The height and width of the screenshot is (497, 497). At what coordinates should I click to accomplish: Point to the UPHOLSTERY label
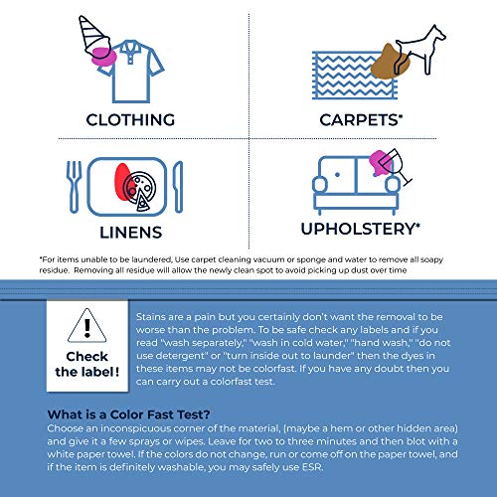(370, 229)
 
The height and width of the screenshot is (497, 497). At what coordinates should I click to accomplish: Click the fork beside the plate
(72, 182)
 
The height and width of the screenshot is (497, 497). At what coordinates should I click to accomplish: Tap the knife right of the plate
(178, 182)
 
